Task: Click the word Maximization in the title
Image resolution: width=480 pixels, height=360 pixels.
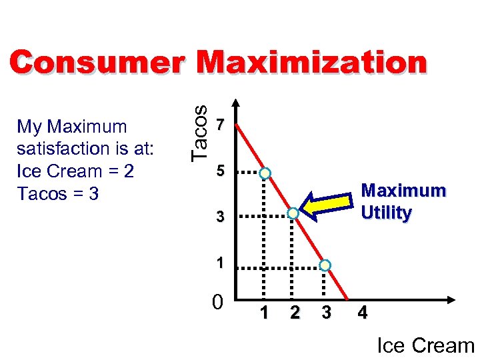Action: coord(311,63)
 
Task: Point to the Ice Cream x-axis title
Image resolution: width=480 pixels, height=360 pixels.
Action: coord(425,345)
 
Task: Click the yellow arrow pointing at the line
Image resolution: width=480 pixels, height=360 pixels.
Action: coord(327,204)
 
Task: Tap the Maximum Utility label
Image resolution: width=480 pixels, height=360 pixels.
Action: coord(403,201)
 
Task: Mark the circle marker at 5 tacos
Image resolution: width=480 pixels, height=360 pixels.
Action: coord(265,173)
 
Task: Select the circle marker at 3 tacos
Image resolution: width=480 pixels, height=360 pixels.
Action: coord(293,214)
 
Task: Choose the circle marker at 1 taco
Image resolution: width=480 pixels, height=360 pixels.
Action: coord(325,265)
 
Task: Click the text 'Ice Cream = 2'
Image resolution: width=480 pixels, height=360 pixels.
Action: coord(75,171)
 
